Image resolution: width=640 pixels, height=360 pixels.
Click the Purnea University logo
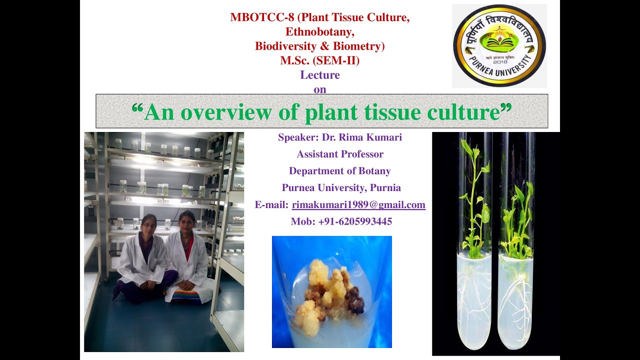[499, 45]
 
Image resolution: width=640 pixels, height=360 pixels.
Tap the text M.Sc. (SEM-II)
[320, 61]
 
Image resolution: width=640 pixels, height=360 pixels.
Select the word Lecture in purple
[320, 75]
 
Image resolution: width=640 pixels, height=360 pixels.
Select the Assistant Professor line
[340, 154]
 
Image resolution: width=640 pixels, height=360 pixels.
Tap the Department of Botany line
[340, 171]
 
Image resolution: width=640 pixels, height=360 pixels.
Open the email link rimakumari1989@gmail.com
[358, 204]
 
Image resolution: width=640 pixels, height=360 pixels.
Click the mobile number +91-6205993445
[355, 221]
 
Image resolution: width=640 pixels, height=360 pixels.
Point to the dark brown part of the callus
[355, 300]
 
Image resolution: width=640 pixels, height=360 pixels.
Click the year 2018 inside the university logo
[499, 62]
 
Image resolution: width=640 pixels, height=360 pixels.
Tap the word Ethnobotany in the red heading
[320, 32]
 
